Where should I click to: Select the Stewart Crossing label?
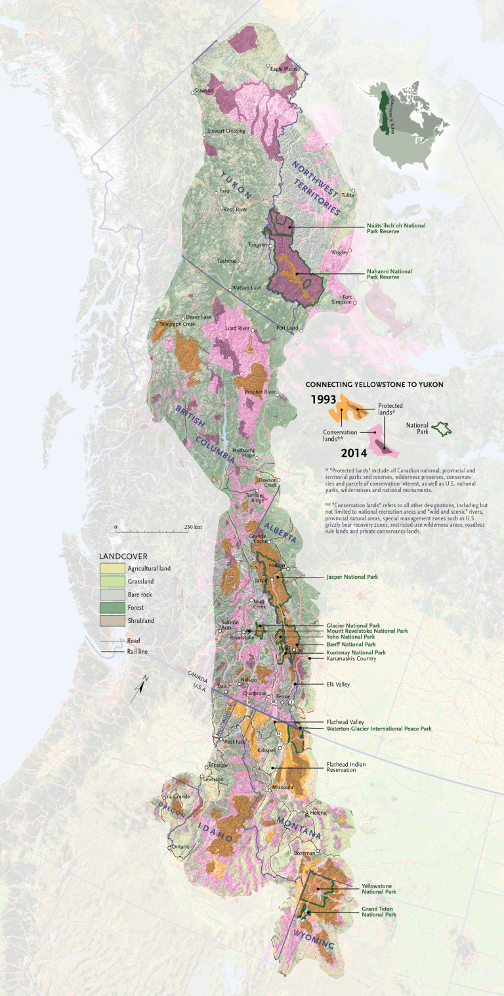pos(226,131)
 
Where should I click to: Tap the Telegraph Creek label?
pos(177,324)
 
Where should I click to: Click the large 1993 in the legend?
pos(324,399)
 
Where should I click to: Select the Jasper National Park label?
pos(352,577)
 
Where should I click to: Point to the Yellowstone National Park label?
pos(379,888)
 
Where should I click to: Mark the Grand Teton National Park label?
pos(379,912)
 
